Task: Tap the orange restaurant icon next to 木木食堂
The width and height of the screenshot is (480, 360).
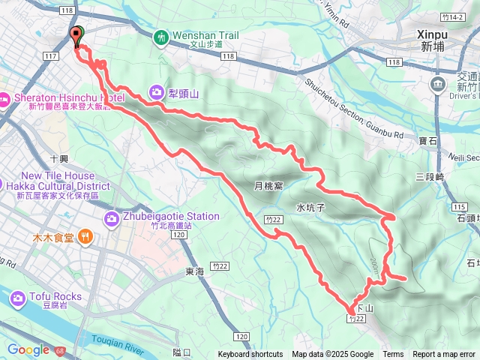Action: tap(86, 238)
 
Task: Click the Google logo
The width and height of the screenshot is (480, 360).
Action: tap(28, 349)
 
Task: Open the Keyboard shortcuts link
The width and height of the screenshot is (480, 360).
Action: tap(250, 355)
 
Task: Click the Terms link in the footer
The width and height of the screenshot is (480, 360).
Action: tap(393, 355)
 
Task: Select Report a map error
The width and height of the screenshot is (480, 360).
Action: tap(444, 355)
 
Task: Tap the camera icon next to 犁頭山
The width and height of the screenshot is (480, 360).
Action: tap(157, 92)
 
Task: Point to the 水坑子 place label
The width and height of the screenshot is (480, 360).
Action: tap(309, 207)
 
